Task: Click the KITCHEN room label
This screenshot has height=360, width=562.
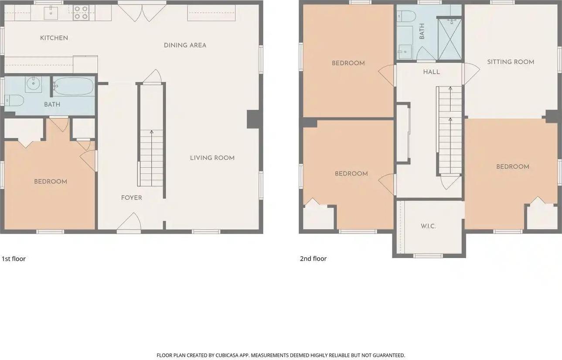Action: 54,38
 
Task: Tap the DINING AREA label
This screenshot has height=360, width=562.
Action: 185,45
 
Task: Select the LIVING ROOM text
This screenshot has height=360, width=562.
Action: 212,158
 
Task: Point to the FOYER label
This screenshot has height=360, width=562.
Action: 132,198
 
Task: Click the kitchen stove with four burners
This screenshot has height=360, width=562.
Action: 81,12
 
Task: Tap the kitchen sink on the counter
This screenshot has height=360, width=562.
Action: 51,12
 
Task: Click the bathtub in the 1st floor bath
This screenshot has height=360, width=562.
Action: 73,87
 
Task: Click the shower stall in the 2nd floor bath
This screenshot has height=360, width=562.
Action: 449,38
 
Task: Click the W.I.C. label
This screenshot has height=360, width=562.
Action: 428,226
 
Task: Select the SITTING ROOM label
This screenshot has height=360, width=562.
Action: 511,62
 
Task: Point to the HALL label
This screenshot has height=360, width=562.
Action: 432,72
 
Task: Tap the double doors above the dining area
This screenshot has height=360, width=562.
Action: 142,12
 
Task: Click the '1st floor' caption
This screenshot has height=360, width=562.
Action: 14,259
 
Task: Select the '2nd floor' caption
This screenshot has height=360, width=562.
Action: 313,259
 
